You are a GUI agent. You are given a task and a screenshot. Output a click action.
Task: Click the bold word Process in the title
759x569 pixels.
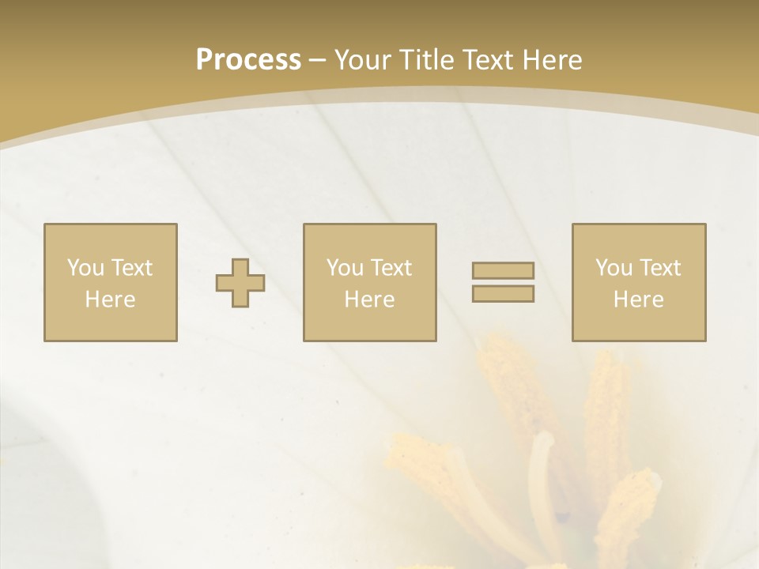tap(248, 60)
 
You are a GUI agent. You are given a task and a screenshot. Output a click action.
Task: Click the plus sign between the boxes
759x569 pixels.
tap(240, 282)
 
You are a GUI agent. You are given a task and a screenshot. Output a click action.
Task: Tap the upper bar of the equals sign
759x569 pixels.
tap(503, 270)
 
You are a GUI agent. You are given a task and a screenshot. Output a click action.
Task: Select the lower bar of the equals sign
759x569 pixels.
tap(503, 293)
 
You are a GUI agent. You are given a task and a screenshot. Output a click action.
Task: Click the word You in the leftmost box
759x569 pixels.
tap(85, 268)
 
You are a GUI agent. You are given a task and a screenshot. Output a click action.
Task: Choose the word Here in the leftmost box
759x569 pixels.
tap(110, 300)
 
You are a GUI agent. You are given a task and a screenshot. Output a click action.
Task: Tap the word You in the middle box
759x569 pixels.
tap(345, 268)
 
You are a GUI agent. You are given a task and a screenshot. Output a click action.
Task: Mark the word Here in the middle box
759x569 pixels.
tap(369, 300)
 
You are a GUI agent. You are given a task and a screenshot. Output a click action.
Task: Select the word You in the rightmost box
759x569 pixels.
tap(614, 268)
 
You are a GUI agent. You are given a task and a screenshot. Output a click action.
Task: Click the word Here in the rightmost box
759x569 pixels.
tap(638, 300)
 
